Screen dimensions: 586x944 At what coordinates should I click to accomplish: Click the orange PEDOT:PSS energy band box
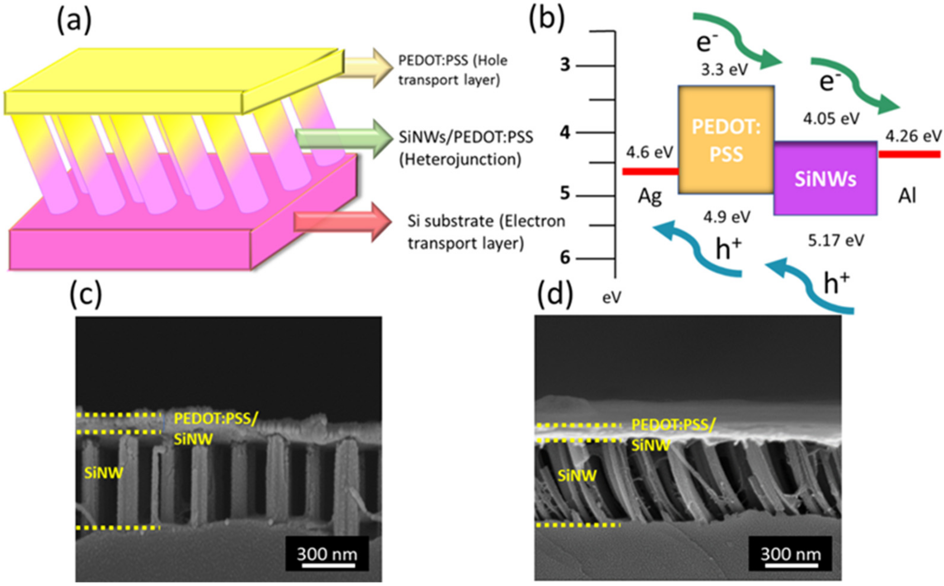726,139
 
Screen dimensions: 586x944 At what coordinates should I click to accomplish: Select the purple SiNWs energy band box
825,178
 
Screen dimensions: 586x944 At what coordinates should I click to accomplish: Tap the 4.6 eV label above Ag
649,152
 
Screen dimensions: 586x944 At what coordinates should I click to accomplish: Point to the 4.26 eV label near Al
914,136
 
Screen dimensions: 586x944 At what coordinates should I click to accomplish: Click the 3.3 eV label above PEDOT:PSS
724,70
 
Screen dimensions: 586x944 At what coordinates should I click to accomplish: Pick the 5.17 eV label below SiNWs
836,241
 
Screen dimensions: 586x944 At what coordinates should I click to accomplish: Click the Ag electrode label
650,197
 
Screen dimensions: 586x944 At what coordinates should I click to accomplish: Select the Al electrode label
907,197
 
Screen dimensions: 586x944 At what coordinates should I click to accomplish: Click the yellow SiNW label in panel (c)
104,473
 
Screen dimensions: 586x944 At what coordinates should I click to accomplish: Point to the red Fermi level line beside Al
909,154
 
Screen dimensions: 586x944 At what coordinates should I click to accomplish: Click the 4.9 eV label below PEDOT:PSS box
727,217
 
